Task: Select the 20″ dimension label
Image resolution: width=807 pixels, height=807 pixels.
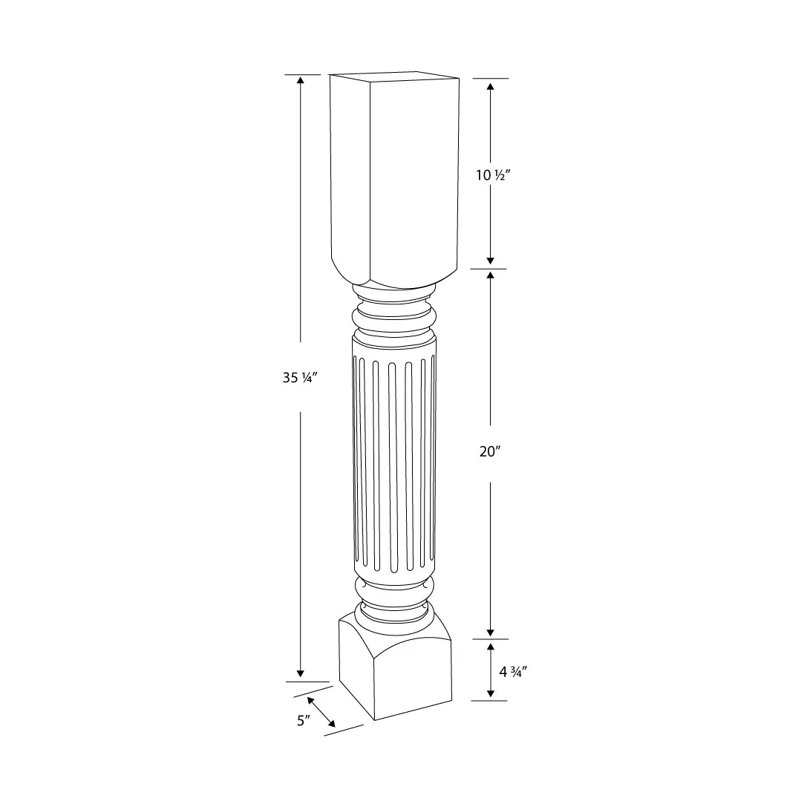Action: (x=491, y=451)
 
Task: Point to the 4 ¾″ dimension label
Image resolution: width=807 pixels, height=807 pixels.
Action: (x=512, y=672)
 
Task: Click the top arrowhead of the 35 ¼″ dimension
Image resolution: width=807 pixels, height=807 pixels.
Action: (x=300, y=81)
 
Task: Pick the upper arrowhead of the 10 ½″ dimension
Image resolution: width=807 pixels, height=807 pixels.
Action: (x=490, y=86)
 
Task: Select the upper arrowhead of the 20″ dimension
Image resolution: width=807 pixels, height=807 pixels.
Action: (x=490, y=275)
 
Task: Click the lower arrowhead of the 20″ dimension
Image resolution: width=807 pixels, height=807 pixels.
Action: (x=490, y=631)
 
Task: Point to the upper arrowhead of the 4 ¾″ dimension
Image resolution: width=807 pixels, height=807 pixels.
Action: (x=490, y=646)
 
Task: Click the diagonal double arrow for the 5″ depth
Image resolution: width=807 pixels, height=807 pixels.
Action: (x=321, y=712)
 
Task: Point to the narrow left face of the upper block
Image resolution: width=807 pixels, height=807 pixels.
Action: (x=350, y=171)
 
